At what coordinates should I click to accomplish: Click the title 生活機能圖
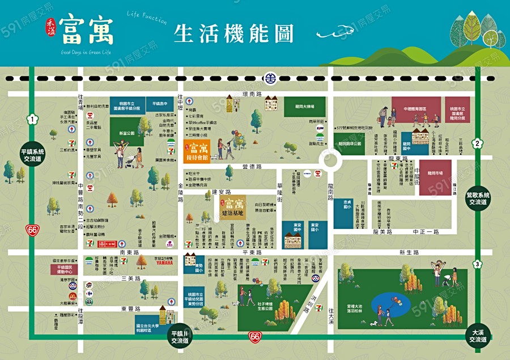(x=233, y=33)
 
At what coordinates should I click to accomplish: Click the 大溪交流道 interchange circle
(x=477, y=336)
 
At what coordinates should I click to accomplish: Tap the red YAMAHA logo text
(x=164, y=262)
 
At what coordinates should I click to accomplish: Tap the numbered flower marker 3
(x=478, y=264)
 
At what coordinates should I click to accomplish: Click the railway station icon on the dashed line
(x=271, y=78)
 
